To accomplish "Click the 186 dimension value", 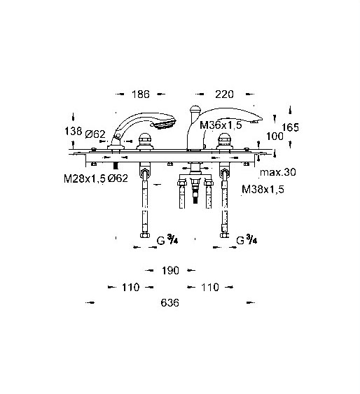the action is point(141,94).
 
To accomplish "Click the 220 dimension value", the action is point(224,94).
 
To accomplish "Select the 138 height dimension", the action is point(73,131).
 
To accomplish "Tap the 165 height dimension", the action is point(291,127).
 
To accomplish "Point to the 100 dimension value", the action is point(275,136).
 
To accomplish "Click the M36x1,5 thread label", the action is point(221,125).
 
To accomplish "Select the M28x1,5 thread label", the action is point(85,178).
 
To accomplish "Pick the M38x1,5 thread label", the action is point(263,189).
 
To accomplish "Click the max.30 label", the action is point(278,172).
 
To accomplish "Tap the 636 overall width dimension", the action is point(170,302).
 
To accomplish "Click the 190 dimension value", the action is point(170,271).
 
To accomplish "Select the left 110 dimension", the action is point(130,287).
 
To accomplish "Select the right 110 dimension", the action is point(210,287).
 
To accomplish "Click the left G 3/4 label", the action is point(167,239).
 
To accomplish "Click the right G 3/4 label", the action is point(247,239).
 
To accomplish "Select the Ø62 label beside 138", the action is point(95,134).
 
